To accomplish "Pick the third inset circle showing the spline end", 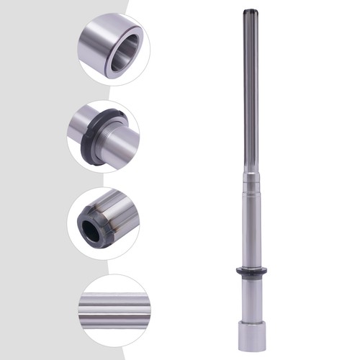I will pos(107,220).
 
